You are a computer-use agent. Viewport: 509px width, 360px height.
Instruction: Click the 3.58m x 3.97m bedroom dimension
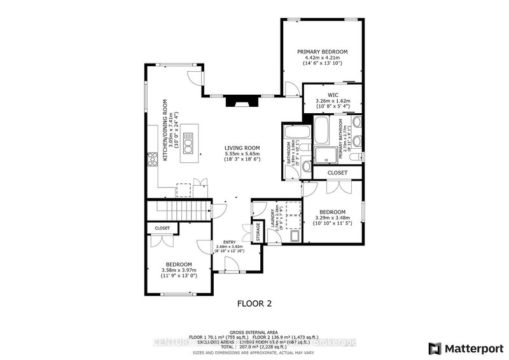(179, 271)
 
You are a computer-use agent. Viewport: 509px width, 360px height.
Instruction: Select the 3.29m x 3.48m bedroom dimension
(332, 218)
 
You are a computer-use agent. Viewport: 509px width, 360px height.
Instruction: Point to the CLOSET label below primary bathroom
(337, 172)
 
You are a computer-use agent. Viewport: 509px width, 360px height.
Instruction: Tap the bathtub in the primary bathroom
(321, 131)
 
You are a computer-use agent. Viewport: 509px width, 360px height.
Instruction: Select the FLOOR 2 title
(254, 303)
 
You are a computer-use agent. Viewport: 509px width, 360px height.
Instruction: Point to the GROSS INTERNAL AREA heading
(254, 332)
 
